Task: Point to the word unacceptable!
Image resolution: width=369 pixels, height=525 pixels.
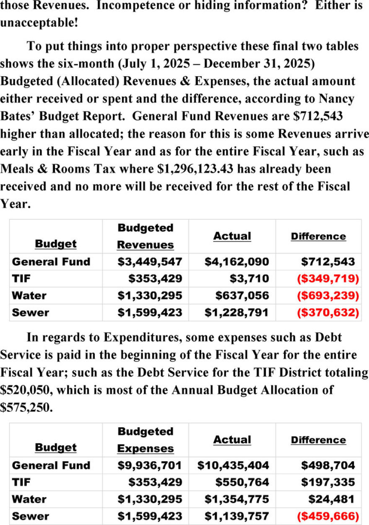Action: [39, 23]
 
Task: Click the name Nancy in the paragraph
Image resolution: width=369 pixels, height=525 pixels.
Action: [331, 99]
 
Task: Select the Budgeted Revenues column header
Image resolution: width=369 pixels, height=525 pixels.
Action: [145, 237]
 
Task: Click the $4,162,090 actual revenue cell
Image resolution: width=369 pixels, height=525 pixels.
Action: [236, 262]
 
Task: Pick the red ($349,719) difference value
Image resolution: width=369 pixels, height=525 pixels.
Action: [328, 279]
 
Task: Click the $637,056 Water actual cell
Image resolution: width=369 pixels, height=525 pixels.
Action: [242, 296]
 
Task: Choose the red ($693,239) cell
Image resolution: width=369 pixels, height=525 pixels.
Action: [328, 296]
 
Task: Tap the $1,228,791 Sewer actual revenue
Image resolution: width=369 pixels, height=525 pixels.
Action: [236, 313]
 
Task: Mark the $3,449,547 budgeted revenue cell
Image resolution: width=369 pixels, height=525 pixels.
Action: [150, 262]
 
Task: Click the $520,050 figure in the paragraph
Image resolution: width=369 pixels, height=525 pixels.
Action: [26, 390]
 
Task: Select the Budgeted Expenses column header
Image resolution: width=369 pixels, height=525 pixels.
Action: [145, 440]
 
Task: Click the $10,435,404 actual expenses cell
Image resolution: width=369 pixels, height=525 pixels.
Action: [233, 465]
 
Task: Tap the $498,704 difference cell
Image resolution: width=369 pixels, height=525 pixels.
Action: [328, 465]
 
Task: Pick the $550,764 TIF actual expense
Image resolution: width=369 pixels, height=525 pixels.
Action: [242, 483]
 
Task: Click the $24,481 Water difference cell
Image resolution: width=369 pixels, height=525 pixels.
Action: [331, 499]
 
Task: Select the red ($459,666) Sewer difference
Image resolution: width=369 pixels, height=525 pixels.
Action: [328, 516]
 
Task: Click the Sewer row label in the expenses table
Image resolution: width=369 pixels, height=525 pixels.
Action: [30, 516]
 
